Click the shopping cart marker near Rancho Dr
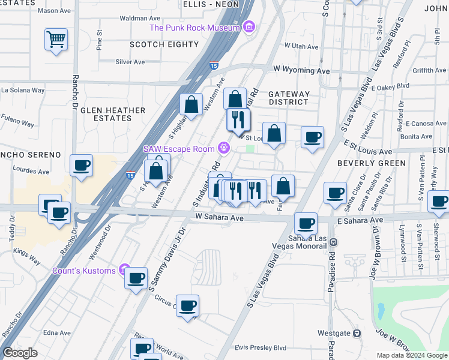(x=56, y=40)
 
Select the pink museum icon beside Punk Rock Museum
(x=249, y=27)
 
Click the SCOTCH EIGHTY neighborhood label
(x=164, y=44)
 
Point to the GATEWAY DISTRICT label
(x=289, y=98)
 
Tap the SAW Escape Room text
(x=179, y=148)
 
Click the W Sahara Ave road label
(x=219, y=218)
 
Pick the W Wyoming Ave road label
(x=302, y=71)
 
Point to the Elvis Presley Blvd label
(x=261, y=347)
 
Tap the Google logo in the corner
(x=20, y=353)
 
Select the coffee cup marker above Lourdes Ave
(x=81, y=166)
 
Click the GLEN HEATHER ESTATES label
(x=113, y=114)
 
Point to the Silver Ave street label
(x=130, y=62)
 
